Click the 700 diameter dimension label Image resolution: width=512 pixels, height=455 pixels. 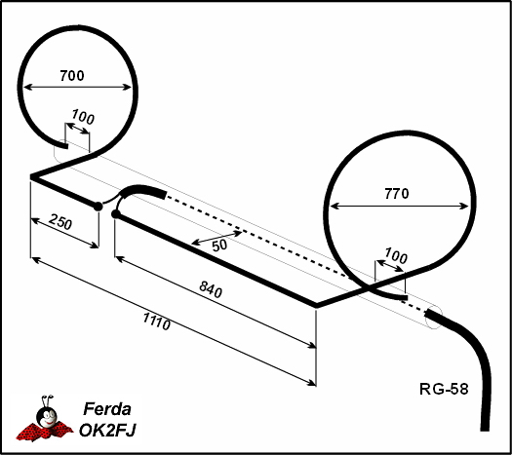(72, 76)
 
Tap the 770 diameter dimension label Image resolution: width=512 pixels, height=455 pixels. (396, 194)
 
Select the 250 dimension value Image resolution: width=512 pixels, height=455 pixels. (60, 222)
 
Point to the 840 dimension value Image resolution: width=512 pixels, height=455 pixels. (211, 289)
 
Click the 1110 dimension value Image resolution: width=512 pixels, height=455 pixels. (157, 322)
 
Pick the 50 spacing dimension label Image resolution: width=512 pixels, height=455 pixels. (219, 245)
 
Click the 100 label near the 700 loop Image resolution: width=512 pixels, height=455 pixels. (83, 117)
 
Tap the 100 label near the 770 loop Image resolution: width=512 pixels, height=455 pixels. (396, 255)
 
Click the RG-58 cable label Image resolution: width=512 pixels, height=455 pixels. (444, 389)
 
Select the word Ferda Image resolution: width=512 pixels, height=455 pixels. (107, 408)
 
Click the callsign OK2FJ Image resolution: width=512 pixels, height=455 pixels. (107, 430)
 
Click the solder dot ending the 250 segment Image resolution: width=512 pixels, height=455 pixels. (98, 207)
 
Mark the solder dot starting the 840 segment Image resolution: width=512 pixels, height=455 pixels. (116, 214)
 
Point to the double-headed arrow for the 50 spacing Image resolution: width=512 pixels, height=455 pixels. (217, 238)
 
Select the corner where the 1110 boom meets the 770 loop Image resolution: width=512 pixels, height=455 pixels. (316, 306)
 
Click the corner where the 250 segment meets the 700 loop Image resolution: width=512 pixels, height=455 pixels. (31, 176)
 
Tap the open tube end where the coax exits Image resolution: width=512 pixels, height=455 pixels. (434, 318)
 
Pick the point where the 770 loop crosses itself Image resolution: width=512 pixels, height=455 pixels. (369, 287)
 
